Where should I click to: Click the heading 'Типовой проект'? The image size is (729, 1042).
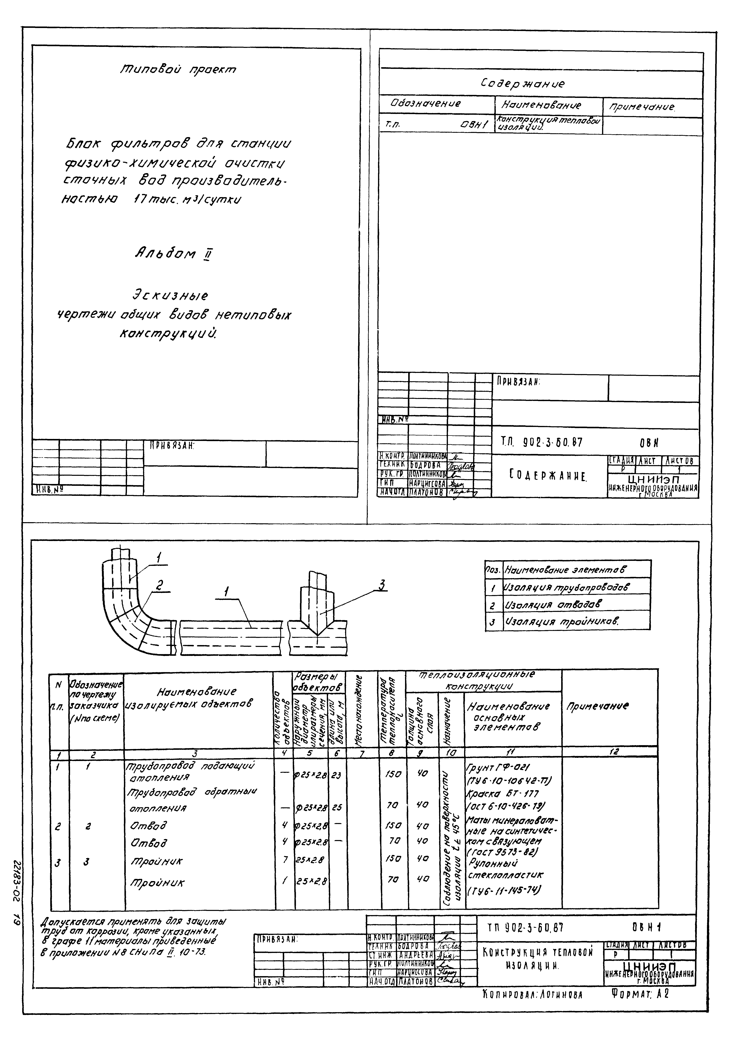tap(178, 69)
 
